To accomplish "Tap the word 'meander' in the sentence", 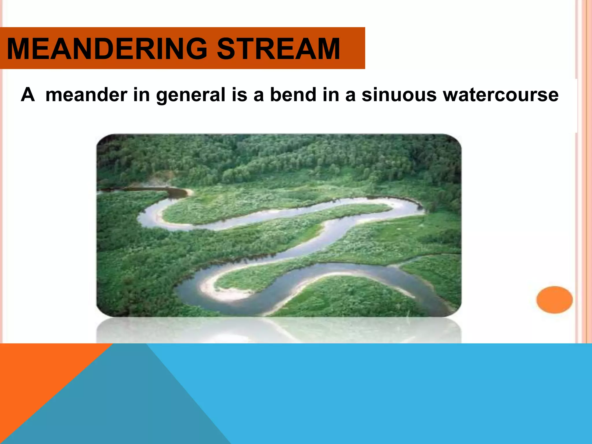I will [86, 95].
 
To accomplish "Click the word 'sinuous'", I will [399, 95].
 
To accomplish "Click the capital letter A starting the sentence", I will [28, 95].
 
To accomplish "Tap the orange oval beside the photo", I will [554, 299].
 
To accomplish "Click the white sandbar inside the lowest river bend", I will [223, 292].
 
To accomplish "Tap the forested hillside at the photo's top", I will [277, 156].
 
